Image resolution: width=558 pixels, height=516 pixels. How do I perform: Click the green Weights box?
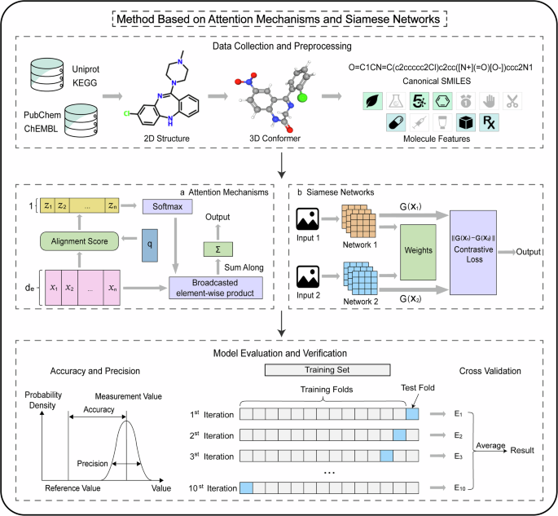[417, 246]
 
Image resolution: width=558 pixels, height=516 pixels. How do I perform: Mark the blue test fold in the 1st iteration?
[412, 414]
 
